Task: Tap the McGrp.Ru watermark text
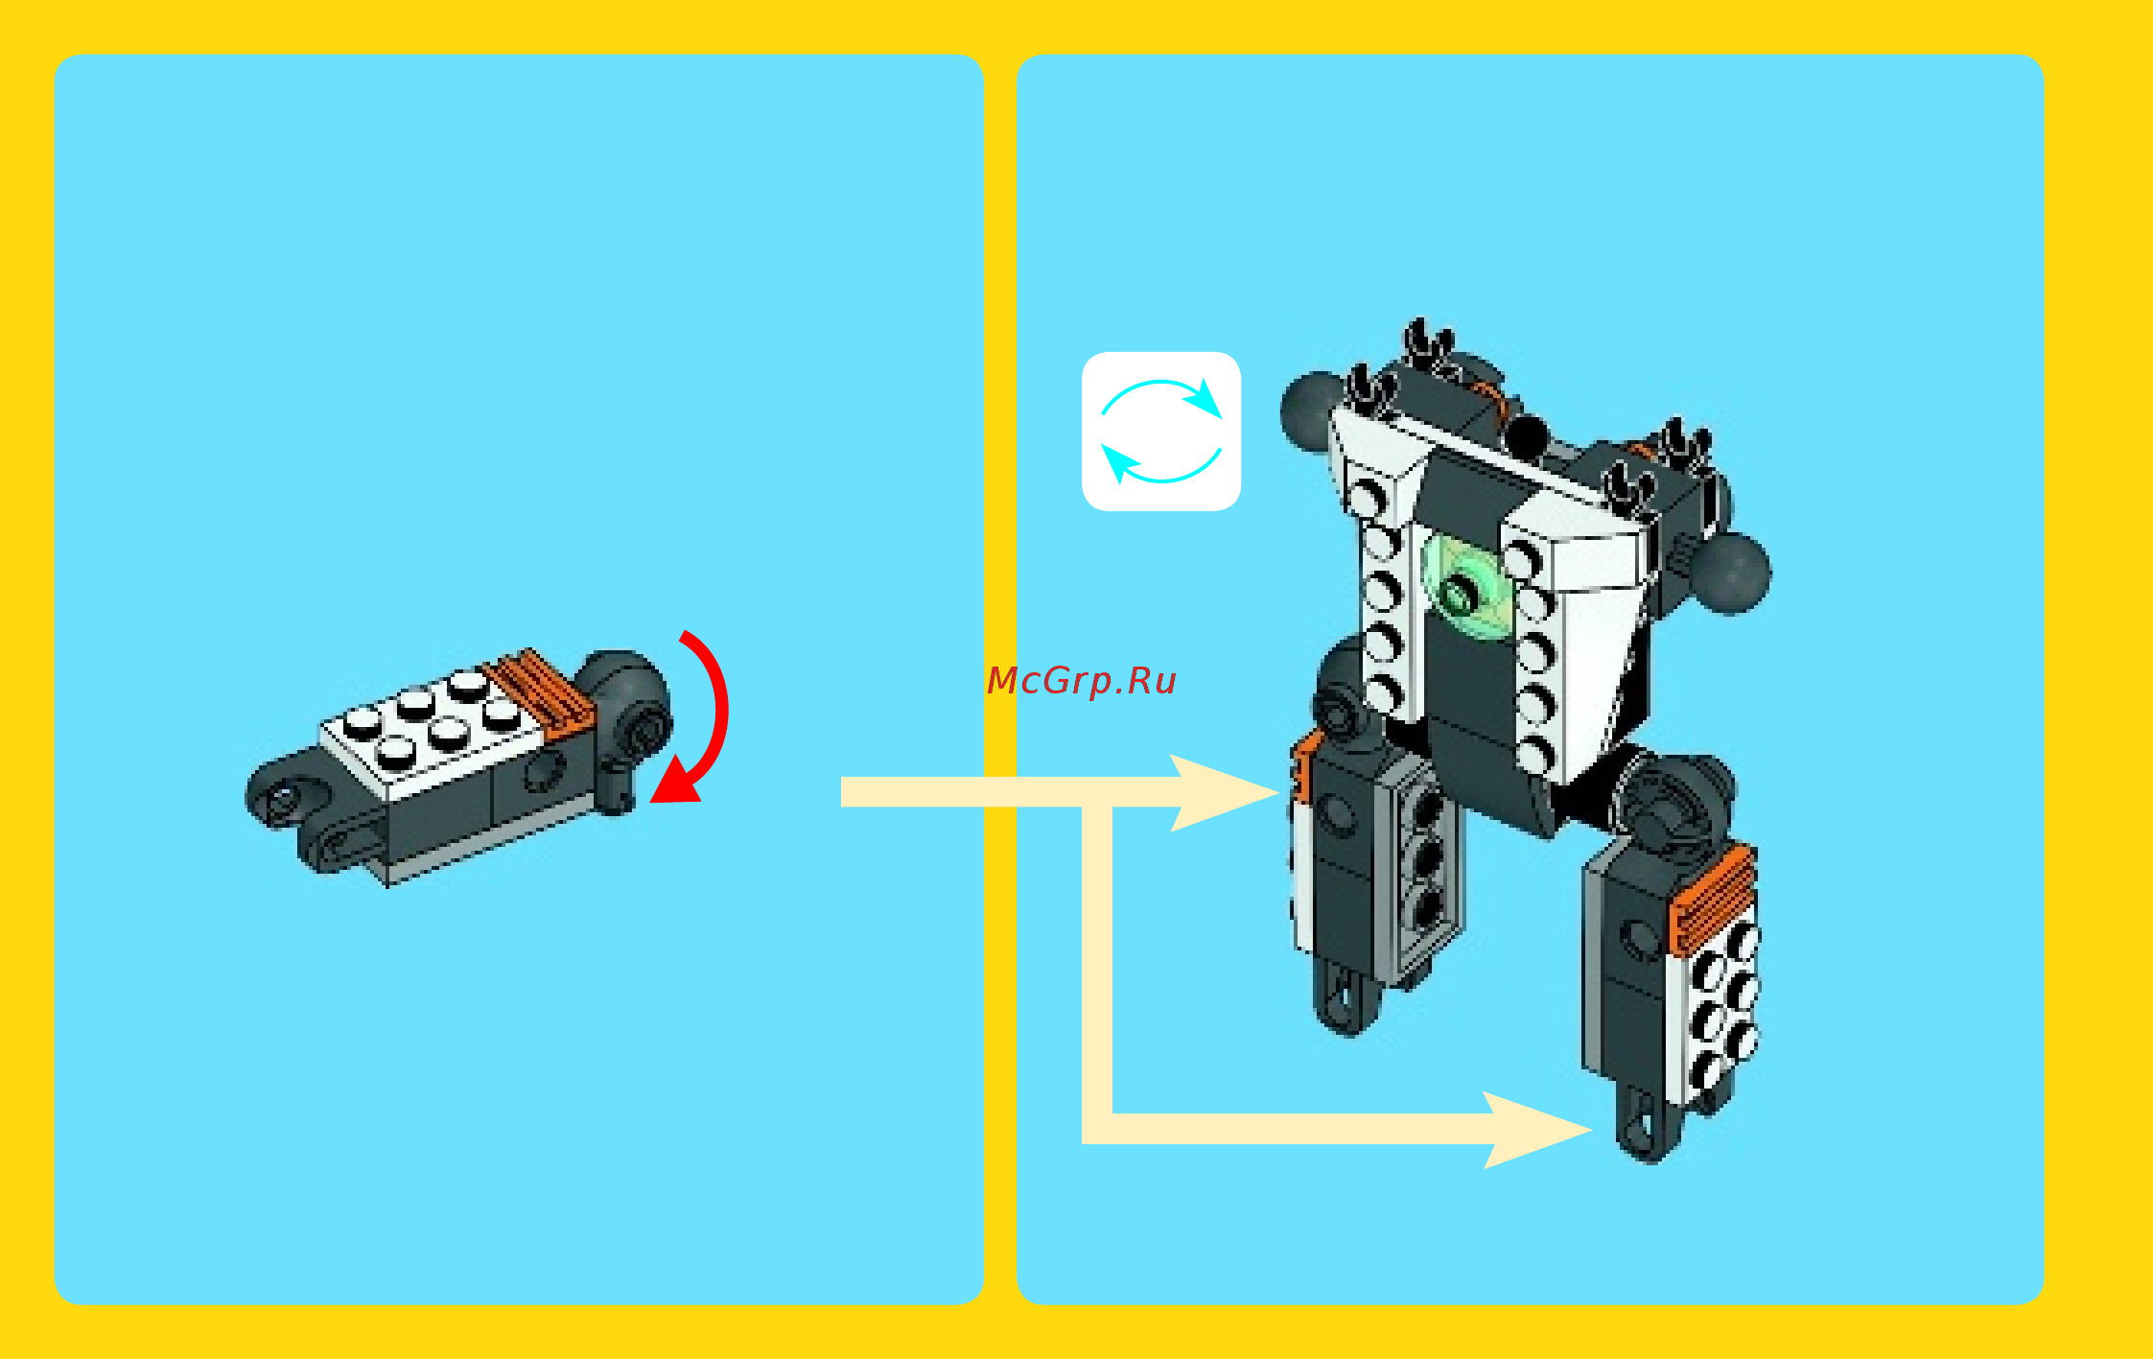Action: [1081, 680]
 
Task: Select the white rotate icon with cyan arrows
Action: [1160, 432]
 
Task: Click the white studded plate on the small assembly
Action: [432, 729]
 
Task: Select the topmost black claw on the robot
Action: [1428, 341]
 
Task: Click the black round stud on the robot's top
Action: [1527, 436]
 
